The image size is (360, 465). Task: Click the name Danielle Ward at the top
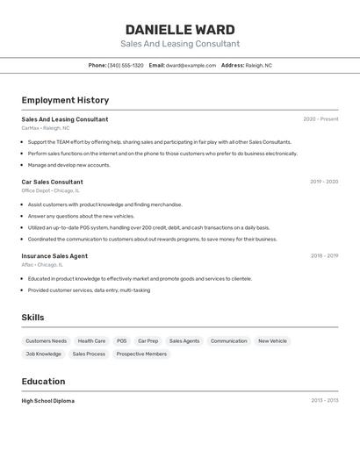(180, 30)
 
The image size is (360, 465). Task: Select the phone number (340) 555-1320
(126, 65)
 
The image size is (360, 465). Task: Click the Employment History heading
(65, 100)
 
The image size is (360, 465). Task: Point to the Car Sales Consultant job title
(52, 182)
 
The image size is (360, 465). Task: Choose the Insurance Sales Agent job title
(54, 256)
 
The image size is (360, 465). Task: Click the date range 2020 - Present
(320, 119)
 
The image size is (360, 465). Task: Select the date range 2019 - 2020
(324, 182)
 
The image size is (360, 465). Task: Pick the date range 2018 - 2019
(324, 256)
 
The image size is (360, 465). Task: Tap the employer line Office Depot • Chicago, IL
(50, 190)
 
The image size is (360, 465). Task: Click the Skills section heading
(32, 318)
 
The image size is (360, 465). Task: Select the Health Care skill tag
(91, 341)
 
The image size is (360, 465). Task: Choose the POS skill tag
(121, 341)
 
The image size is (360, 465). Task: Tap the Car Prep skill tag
(148, 341)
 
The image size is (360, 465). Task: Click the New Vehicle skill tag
(272, 341)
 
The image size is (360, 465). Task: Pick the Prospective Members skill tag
(141, 354)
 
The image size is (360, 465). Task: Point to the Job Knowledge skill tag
(44, 354)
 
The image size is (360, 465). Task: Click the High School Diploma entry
(48, 401)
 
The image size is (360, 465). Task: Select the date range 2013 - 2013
(324, 401)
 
